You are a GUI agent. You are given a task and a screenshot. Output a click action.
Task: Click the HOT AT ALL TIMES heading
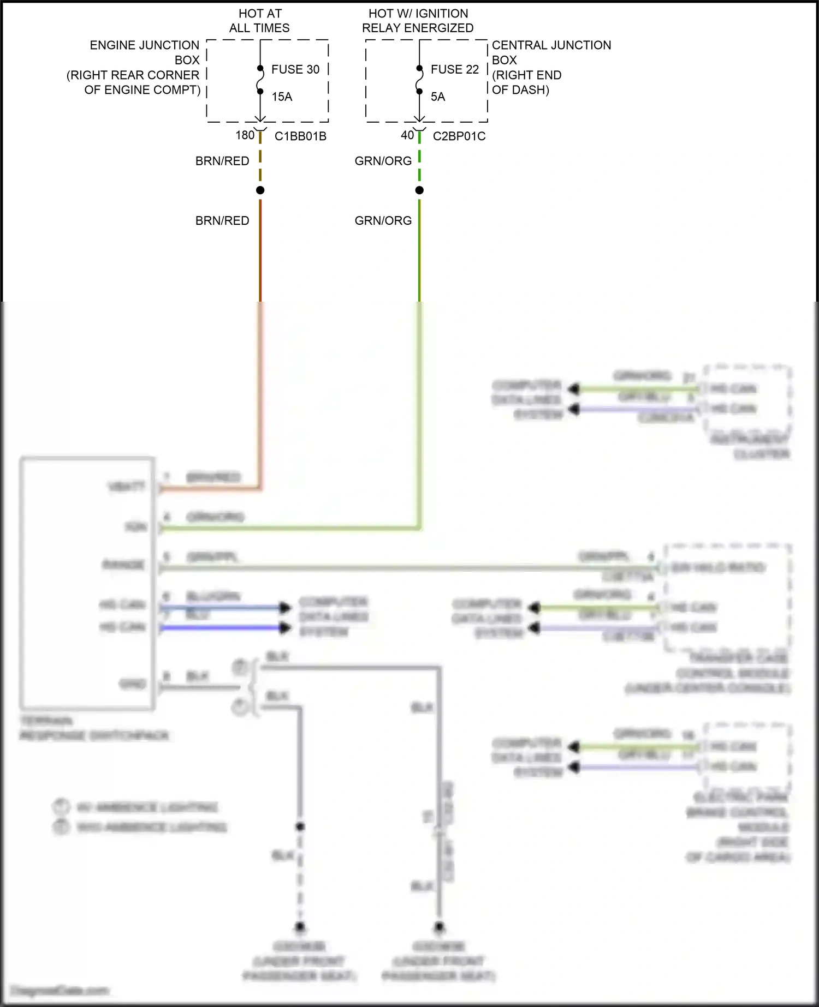[x=260, y=21]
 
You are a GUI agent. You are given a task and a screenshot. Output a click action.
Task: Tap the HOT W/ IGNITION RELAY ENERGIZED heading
[x=418, y=21]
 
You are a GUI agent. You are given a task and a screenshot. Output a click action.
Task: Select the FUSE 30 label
[x=295, y=69]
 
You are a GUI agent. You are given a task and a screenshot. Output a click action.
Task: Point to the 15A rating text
[x=282, y=97]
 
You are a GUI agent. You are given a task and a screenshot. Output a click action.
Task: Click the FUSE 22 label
[x=455, y=69]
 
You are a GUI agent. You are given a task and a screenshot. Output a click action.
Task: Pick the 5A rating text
[x=438, y=97]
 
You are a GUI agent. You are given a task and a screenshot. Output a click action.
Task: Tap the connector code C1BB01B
[x=300, y=136]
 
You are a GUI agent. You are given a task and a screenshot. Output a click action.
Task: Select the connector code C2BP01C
[x=459, y=136]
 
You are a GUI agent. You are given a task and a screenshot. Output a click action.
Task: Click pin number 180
[x=245, y=135]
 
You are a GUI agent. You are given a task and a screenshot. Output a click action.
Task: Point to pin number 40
[x=407, y=135]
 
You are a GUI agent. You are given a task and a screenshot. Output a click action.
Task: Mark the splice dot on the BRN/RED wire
[x=260, y=190]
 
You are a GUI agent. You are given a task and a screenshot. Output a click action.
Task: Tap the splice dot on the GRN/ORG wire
[x=419, y=190]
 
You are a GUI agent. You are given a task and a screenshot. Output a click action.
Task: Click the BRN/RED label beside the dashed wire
[x=222, y=161]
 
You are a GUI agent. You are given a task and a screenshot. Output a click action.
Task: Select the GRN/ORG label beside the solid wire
[x=383, y=220]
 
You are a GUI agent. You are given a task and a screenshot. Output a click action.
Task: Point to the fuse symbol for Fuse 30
[x=260, y=80]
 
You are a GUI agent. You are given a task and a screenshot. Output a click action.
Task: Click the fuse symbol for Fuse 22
[x=419, y=80]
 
